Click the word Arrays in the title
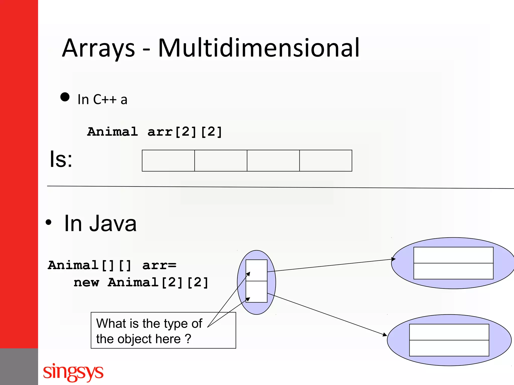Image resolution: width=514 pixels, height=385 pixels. pyautogui.click(x=98, y=48)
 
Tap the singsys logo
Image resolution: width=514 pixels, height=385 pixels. pyautogui.click(x=73, y=372)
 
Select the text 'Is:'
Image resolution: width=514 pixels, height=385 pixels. pyautogui.click(x=61, y=159)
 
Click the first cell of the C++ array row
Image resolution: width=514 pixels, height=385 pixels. pyautogui.click(x=168, y=161)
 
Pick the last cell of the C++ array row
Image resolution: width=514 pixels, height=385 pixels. pyautogui.click(x=326, y=161)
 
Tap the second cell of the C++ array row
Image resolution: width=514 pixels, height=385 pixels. pyautogui.click(x=221, y=161)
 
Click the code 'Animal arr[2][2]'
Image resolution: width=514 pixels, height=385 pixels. pyautogui.click(x=155, y=132)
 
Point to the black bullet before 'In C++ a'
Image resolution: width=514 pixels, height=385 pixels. pyautogui.click(x=65, y=97)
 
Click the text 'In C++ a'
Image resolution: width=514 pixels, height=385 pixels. pyautogui.click(x=102, y=100)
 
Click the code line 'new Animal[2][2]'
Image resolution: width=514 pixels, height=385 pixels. pyautogui.click(x=141, y=282)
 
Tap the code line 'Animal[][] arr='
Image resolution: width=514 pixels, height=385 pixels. pyautogui.click(x=112, y=265)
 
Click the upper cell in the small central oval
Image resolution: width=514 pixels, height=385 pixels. pyautogui.click(x=256, y=270)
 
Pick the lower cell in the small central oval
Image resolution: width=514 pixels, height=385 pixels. pyautogui.click(x=256, y=292)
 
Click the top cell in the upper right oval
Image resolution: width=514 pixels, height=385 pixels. pyautogui.click(x=453, y=255)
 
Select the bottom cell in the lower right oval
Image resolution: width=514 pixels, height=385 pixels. pyautogui.click(x=449, y=348)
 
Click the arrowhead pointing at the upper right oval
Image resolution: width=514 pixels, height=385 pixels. pyautogui.click(x=394, y=259)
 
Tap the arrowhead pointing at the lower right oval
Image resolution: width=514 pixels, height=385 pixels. pyautogui.click(x=385, y=335)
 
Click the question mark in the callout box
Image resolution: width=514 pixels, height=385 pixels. pyautogui.click(x=188, y=339)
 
